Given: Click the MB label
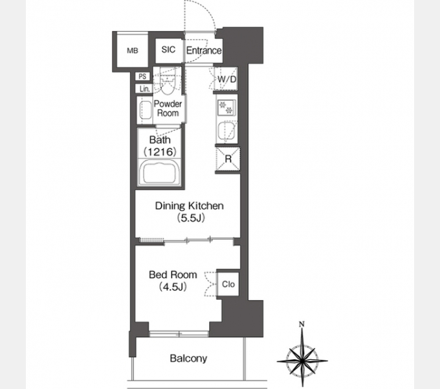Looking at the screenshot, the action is pos(133,51).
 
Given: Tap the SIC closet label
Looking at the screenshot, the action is pos(168,50).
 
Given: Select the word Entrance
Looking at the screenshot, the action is pos(204,51).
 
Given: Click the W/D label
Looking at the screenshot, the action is pos(227,79).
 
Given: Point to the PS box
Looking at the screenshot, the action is pos(142,77).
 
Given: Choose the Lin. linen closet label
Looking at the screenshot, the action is pos(144,89).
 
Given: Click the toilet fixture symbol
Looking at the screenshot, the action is pos(168,82).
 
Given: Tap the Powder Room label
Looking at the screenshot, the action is pos(168,108).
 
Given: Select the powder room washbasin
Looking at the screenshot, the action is pos(145,110).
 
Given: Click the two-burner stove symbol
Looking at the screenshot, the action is pos(226,107).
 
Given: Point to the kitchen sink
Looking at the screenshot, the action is pos(227,131).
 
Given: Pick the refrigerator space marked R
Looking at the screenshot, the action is pos(228,159).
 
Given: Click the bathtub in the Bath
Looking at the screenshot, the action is pos(160,172).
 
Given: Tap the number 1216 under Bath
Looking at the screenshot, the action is pos(160,152).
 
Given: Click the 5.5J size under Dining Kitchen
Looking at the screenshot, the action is pos(190,218).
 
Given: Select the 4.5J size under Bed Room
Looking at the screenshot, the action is pos(173,287).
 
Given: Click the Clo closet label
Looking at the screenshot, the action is pos(228,284).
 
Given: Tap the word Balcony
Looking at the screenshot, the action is pos(188,359).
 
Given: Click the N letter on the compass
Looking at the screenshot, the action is pos(302,324).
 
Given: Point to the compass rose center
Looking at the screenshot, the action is pos(302,360).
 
